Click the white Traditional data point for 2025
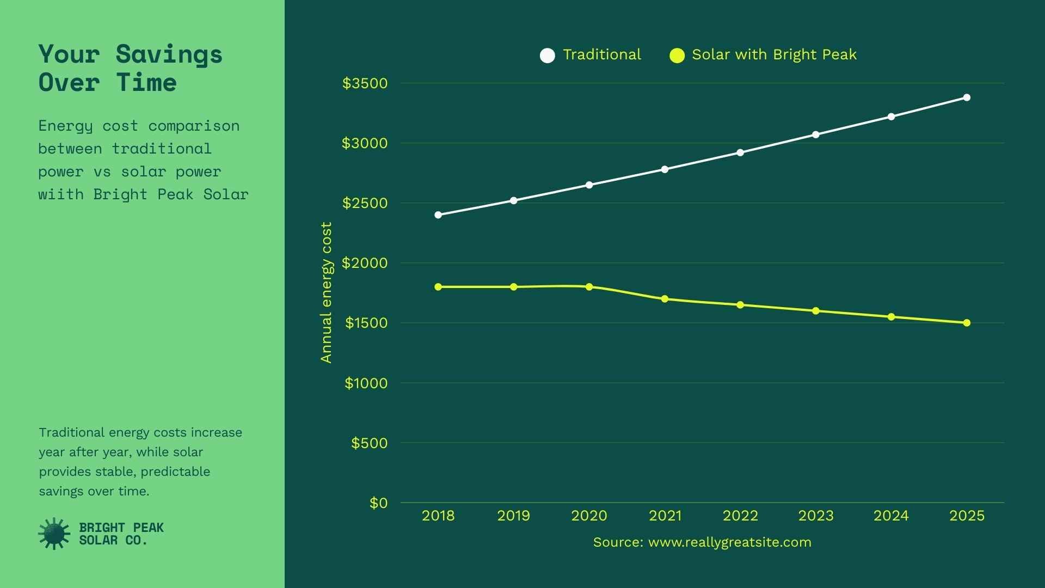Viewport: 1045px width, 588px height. pos(967,98)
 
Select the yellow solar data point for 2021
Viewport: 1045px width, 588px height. pos(665,299)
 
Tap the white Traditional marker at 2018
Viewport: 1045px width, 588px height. pos(438,215)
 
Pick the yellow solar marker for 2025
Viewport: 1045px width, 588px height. pos(967,323)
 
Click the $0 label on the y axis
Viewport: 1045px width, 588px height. pos(379,503)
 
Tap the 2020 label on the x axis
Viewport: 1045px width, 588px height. pos(589,516)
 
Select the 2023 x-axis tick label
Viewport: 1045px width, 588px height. pos(815,516)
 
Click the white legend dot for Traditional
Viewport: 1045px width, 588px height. pos(548,56)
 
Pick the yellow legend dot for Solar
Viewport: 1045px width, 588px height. pos(677,56)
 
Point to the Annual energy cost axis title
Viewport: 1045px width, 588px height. pos(326,292)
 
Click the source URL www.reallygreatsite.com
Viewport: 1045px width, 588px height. pos(729,542)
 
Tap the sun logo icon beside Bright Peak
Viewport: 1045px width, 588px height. pos(54,534)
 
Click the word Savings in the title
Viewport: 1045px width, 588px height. pos(169,54)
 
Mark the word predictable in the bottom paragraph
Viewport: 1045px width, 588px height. pos(175,471)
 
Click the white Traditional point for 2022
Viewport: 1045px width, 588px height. pos(740,152)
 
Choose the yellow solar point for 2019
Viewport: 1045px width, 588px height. pos(514,287)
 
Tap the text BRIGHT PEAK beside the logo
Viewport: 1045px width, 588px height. pos(121,527)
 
